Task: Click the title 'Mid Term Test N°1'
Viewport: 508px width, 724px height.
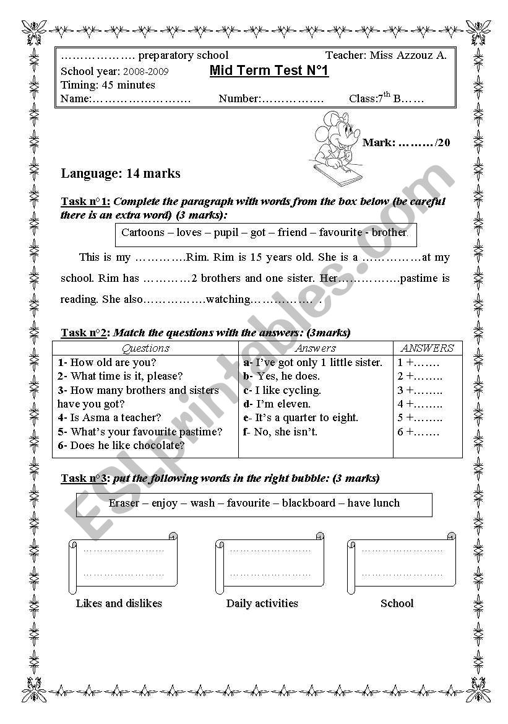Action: tap(269, 71)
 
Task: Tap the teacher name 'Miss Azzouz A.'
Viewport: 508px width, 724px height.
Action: tap(408, 55)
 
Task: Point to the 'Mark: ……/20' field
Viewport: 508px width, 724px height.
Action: tap(406, 142)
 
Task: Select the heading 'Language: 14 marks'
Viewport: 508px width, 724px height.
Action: tap(121, 173)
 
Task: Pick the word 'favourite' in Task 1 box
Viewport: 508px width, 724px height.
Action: tap(340, 233)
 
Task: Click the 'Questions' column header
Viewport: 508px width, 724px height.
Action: tap(145, 348)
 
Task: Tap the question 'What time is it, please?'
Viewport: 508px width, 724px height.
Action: tap(126, 376)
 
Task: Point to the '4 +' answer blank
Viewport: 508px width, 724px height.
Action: tap(420, 404)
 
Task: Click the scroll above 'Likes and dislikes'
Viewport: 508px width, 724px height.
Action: tap(123, 562)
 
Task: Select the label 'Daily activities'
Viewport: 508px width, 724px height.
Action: tap(262, 603)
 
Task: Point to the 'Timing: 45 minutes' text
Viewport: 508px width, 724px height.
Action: tap(108, 85)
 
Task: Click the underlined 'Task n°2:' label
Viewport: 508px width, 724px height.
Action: tap(85, 333)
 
